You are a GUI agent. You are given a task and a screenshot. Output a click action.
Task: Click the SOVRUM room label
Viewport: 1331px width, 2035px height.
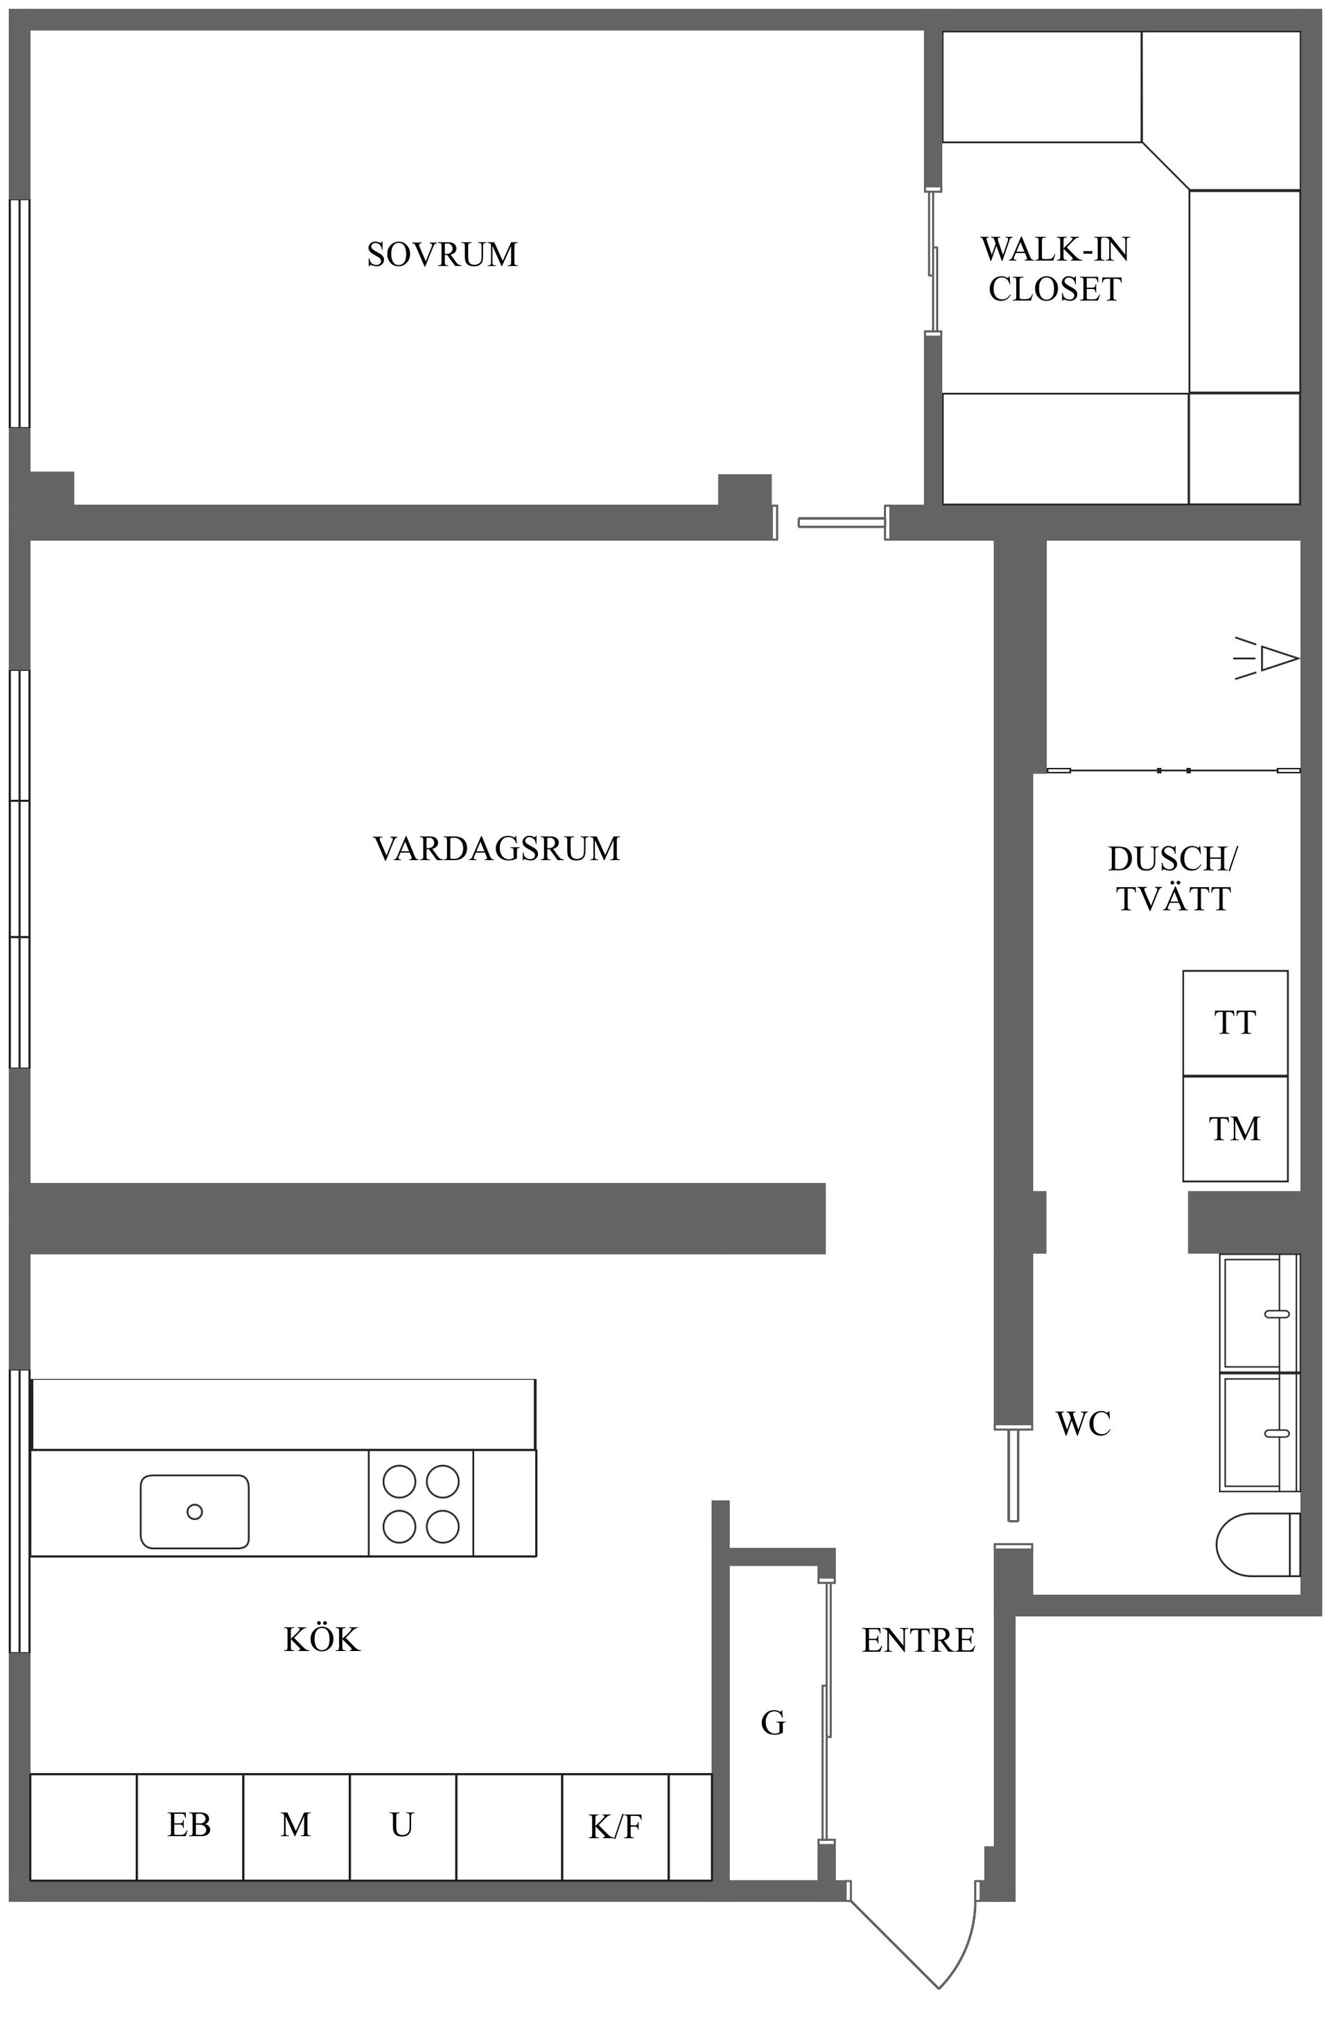[x=442, y=255]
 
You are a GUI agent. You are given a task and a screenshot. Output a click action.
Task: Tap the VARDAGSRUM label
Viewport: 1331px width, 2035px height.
[x=496, y=849]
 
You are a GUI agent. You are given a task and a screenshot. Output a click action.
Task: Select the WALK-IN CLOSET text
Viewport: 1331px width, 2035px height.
[x=1054, y=270]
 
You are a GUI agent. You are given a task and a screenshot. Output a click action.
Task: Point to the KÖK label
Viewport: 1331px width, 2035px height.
[x=322, y=1640]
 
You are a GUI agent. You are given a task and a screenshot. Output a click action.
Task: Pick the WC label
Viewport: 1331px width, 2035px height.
[x=1083, y=1424]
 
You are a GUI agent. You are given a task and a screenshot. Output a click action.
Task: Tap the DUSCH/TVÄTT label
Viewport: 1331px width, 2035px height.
[x=1173, y=879]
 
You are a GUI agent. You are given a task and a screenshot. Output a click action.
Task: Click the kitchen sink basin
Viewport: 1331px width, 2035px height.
[x=194, y=1512]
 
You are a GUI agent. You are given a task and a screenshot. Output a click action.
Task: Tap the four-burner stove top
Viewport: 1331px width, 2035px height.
[x=420, y=1504]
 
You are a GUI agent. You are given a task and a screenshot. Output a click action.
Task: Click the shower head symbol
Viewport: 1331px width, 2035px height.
[x=1270, y=659]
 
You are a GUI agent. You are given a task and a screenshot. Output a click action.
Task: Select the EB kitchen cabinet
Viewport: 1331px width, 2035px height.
[x=189, y=1826]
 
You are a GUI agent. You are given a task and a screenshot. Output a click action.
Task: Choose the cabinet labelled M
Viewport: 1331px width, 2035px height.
[x=295, y=1826]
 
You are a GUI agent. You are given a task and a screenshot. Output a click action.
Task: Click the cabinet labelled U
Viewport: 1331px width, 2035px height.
[x=402, y=1826]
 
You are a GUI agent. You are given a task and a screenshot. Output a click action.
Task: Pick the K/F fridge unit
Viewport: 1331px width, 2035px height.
[x=615, y=1827]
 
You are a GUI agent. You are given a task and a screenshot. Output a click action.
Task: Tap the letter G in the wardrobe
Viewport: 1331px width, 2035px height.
[x=772, y=1724]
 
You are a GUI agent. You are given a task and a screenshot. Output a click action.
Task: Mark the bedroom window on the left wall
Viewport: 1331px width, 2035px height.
[x=19, y=313]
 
